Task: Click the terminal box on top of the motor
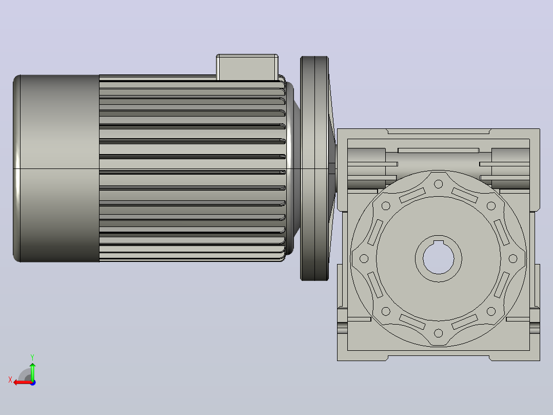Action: (247, 67)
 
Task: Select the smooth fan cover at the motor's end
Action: (56, 168)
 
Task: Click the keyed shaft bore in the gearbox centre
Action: (439, 258)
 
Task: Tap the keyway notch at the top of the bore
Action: (439, 242)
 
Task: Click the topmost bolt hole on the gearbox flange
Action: (439, 184)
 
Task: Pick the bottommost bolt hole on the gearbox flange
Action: (439, 333)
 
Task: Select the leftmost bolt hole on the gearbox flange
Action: (364, 258)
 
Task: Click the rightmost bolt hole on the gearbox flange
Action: (513, 258)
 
